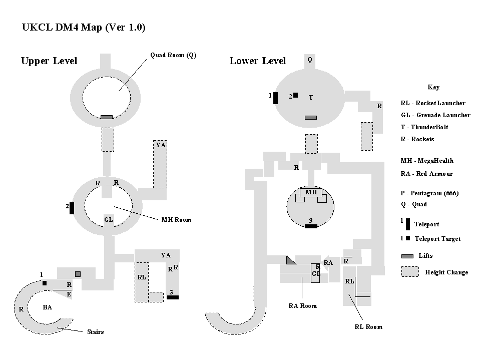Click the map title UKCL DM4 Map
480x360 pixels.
pyautogui.click(x=84, y=28)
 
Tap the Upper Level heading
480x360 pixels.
pyautogui.click(x=49, y=61)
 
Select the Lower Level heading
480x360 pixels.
pyautogui.click(x=258, y=61)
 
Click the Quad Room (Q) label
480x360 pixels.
pyautogui.click(x=173, y=55)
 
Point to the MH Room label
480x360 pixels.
pyautogui.click(x=176, y=219)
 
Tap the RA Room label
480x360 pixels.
pyautogui.click(x=302, y=305)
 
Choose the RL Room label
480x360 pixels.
pyautogui.click(x=368, y=326)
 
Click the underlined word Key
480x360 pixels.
pyautogui.click(x=433, y=87)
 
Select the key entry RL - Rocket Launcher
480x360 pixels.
pyautogui.click(x=433, y=103)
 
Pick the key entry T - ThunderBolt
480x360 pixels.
pyautogui.click(x=424, y=127)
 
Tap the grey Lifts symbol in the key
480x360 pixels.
pyautogui.click(x=407, y=256)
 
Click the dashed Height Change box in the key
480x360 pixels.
pyautogui.click(x=410, y=271)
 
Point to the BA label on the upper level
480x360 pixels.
pyautogui.click(x=47, y=307)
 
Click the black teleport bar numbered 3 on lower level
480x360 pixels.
pyautogui.click(x=311, y=226)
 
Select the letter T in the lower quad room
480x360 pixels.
pyautogui.click(x=311, y=98)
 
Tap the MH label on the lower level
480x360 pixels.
pyautogui.click(x=311, y=192)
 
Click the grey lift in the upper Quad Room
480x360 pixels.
pyautogui.click(x=106, y=117)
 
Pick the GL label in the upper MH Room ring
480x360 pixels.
pyautogui.click(x=109, y=219)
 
